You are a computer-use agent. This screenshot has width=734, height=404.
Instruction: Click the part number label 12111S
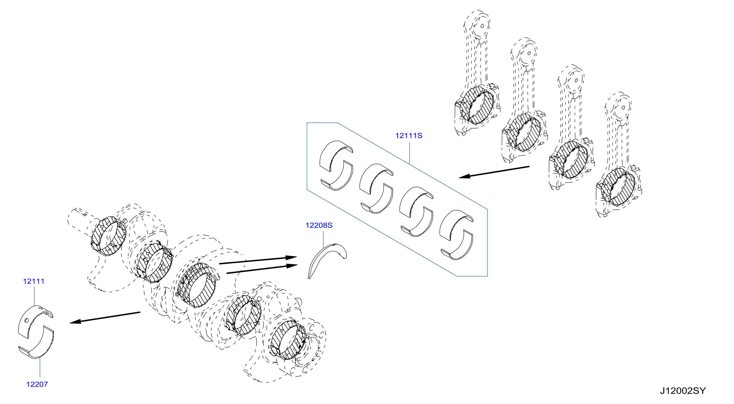(408, 136)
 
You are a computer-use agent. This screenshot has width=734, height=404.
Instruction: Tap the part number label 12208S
(319, 225)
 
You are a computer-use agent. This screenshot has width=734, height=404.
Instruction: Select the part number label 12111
(34, 281)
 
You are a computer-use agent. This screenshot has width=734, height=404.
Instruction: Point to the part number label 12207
(37, 384)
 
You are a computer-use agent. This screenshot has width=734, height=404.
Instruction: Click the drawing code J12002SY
(683, 391)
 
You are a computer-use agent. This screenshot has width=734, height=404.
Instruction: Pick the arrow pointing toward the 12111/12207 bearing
(105, 317)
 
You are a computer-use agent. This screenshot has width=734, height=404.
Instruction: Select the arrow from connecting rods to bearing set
(494, 172)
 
